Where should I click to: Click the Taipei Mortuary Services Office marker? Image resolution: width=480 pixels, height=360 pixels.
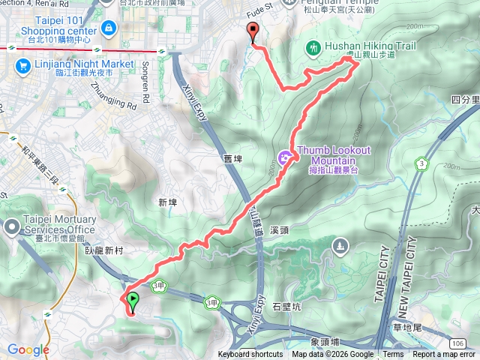13,225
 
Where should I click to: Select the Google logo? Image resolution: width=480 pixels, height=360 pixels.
28,349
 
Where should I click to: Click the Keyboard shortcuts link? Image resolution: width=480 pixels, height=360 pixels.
250,355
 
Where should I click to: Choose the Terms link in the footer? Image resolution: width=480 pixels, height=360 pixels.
393,355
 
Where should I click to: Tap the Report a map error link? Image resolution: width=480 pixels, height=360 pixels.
445,355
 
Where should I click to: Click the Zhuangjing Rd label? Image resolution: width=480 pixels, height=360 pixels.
112,96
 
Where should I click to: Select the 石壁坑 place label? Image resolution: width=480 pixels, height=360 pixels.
286,307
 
